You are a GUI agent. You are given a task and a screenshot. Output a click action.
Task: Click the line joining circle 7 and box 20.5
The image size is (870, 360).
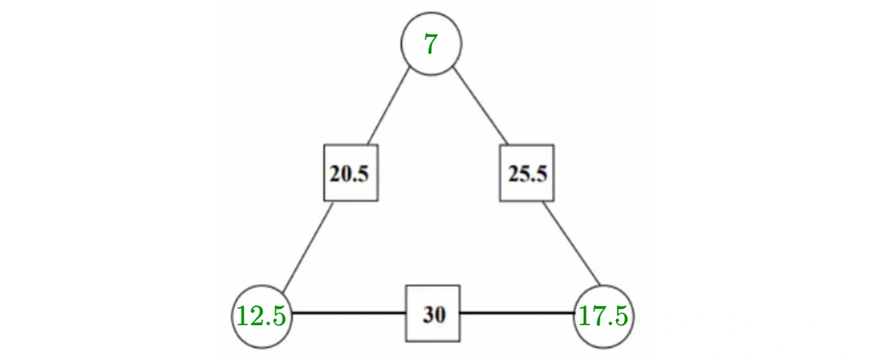click(388, 106)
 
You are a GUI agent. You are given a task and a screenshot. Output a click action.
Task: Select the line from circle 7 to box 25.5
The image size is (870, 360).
click(480, 106)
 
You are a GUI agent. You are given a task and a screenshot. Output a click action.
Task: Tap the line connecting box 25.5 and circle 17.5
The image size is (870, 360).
click(571, 244)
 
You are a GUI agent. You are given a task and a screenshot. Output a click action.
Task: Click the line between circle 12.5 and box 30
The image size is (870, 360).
click(349, 312)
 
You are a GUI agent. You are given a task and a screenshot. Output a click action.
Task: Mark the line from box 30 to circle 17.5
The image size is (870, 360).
click(517, 312)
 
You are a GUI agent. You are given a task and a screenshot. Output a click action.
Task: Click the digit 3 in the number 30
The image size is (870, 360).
click(428, 314)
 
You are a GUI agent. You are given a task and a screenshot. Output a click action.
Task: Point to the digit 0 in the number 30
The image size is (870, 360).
click(440, 314)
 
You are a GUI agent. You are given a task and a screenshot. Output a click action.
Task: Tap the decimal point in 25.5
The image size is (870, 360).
click(533, 180)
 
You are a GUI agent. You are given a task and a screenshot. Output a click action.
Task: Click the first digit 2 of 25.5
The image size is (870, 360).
click(514, 174)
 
